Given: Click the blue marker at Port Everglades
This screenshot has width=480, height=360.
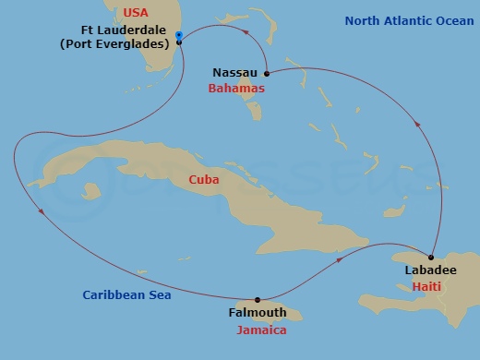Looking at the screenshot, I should (178, 35).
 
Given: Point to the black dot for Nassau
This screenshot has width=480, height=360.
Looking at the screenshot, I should (266, 73).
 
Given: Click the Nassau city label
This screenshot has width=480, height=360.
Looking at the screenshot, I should (234, 72).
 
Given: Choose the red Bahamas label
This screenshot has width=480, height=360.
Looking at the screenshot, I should (237, 88).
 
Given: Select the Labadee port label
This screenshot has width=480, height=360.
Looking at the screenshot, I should (430, 270).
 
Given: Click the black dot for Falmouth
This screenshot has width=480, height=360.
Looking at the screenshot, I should (258, 299).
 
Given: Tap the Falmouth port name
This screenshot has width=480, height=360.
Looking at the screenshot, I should (258, 314).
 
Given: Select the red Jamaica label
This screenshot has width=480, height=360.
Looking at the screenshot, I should (261, 330).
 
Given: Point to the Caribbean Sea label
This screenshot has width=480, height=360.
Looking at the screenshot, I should (126, 295).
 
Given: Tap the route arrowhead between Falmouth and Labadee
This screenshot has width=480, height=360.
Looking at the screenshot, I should (341, 260).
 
